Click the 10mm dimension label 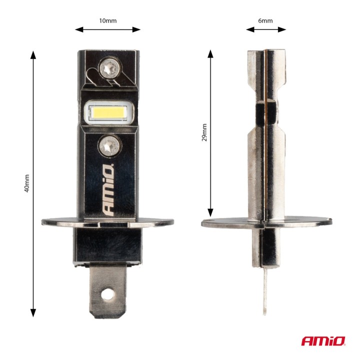click(108, 20)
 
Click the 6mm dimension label click(265, 20)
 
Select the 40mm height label click(27, 183)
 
